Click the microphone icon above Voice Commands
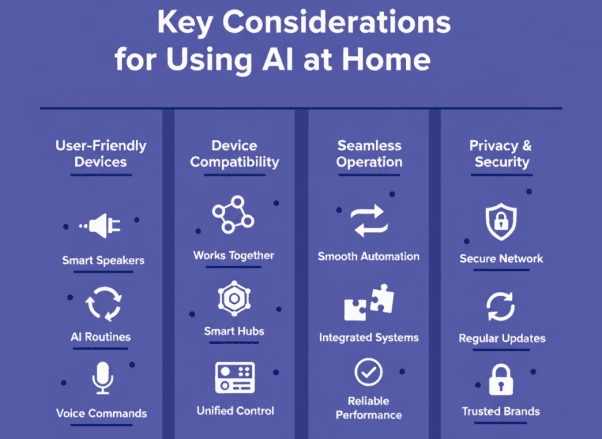(x=102, y=377)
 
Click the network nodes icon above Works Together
(x=233, y=215)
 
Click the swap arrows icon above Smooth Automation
(x=369, y=222)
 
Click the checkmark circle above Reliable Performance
(x=369, y=372)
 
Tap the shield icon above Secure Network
(x=501, y=222)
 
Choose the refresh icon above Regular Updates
(x=500, y=307)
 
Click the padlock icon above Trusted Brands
(x=500, y=380)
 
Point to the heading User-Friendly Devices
(x=101, y=153)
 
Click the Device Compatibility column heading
(x=234, y=153)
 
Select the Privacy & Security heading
(x=501, y=153)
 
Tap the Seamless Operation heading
(x=369, y=153)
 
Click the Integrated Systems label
(x=369, y=337)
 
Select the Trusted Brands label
(x=501, y=411)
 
